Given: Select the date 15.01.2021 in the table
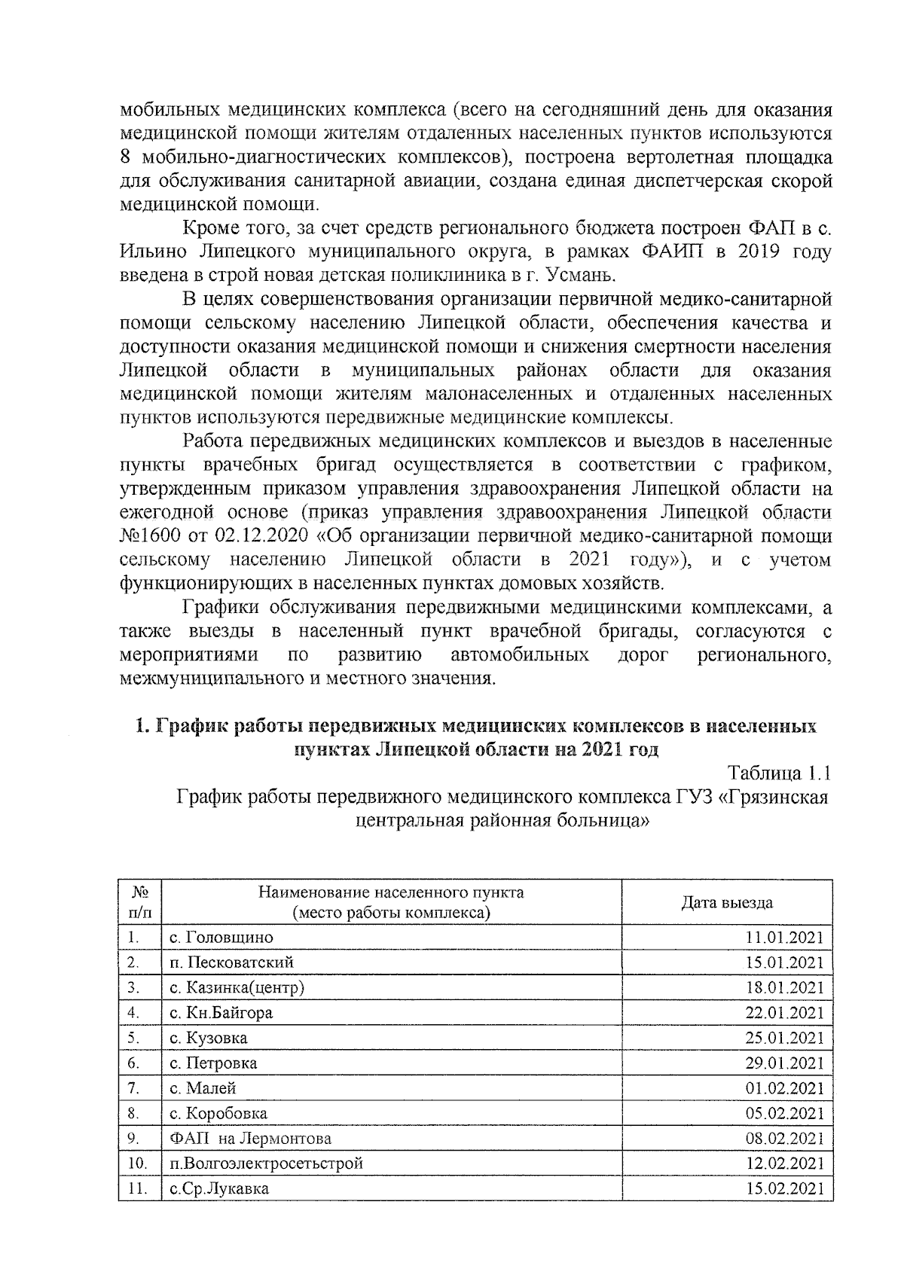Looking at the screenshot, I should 784,962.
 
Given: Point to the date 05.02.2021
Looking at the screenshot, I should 784,1113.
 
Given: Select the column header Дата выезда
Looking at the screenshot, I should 727,903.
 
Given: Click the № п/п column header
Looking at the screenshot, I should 140,903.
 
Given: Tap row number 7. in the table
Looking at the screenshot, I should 135,1088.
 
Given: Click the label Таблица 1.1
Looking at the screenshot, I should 779,773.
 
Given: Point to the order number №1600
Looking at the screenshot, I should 150,536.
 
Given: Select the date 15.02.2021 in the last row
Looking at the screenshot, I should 784,1188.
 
